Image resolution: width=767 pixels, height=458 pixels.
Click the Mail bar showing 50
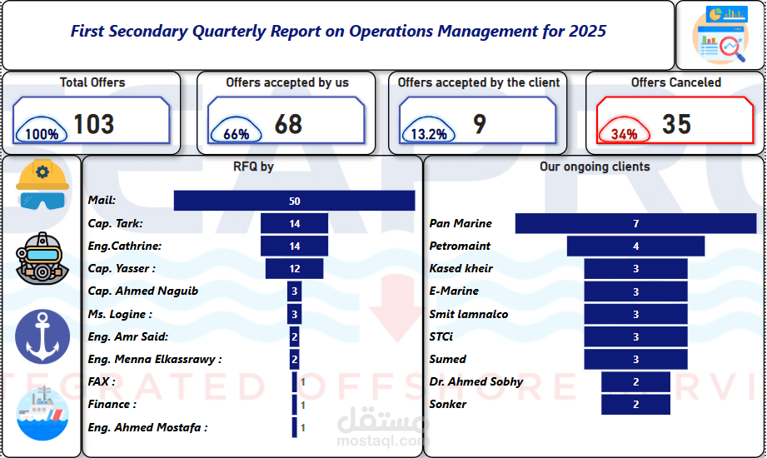[295, 201]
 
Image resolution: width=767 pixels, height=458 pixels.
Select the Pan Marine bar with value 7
[635, 223]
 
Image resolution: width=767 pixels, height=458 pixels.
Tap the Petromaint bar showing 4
[635, 246]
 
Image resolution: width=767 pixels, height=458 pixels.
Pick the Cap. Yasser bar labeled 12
[295, 269]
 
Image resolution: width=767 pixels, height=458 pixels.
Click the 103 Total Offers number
[94, 124]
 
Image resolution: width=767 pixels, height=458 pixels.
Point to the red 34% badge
[624, 132]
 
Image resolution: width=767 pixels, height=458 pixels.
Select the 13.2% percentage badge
[429, 132]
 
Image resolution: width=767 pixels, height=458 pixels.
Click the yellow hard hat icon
[42, 185]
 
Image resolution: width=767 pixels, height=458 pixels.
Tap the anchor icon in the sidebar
[42, 336]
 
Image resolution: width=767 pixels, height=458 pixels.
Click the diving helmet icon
[42, 258]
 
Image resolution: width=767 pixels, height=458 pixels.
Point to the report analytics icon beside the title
[720, 35]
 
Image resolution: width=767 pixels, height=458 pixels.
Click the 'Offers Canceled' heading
[676, 82]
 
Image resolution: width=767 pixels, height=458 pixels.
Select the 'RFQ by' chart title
[253, 167]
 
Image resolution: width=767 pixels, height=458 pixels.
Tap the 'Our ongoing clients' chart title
[595, 167]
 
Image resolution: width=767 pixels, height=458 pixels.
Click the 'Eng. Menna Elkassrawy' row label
[155, 360]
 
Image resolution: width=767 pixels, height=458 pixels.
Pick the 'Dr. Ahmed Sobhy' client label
[476, 381]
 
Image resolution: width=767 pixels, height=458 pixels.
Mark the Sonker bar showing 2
[635, 405]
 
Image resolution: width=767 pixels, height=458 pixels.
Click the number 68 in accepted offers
[289, 124]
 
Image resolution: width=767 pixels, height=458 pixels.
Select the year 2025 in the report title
[587, 32]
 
